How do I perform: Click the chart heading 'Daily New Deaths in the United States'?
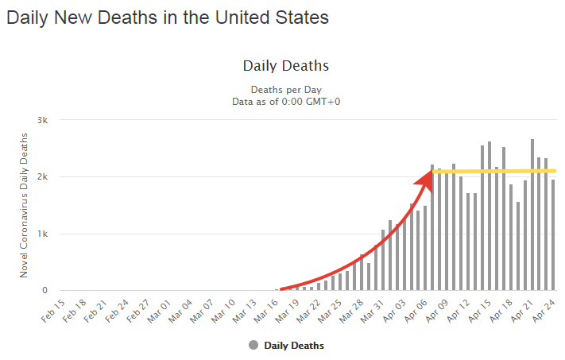pos(167,17)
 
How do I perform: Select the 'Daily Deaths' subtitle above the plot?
pos(285,66)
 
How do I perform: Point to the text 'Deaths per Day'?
pos(286,89)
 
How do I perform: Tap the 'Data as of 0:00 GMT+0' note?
pos(286,101)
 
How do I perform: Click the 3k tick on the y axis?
pos(44,120)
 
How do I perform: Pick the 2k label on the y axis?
pos(44,176)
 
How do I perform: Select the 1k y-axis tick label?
pos(44,234)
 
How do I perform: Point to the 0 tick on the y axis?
pos(45,291)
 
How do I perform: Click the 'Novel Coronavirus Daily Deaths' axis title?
pos(25,205)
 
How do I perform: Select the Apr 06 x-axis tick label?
pos(416,310)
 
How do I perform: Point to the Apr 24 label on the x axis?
pos(546,310)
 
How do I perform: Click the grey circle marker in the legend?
pos(253,345)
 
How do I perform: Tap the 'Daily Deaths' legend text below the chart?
pos(294,346)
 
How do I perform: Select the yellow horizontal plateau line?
pos(493,171)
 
